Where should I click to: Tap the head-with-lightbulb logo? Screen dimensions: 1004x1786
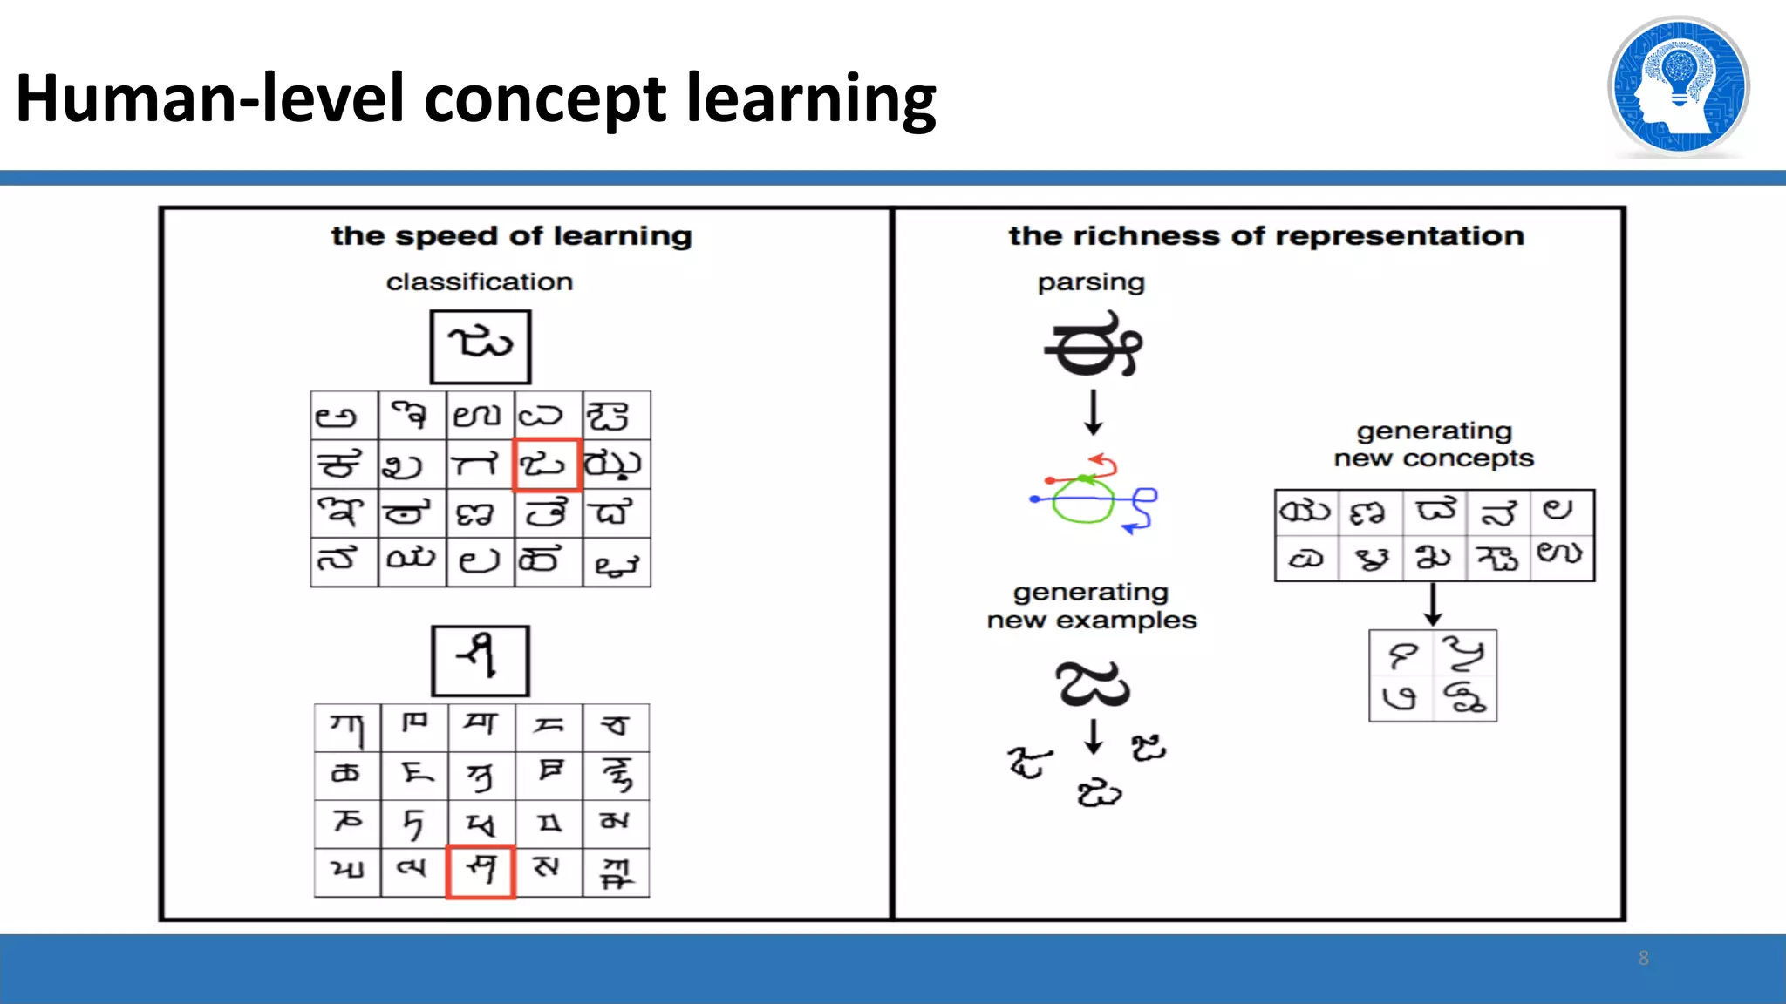1678,87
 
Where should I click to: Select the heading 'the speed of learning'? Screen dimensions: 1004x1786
511,236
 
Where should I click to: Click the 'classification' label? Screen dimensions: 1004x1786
479,282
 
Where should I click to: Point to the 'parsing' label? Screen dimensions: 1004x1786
1090,282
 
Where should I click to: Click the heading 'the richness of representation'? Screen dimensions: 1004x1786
1266,236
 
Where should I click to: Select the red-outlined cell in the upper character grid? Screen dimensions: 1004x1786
546,465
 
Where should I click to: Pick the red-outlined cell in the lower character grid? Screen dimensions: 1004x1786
481,871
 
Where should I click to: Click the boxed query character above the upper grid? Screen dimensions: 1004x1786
480,346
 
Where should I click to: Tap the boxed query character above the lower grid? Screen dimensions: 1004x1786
480,660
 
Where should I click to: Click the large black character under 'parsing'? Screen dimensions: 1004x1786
1093,346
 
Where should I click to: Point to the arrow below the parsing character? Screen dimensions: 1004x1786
1094,411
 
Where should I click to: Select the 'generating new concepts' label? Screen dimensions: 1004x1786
1433,444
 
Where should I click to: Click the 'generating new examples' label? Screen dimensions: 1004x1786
1091,606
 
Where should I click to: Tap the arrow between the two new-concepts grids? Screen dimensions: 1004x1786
1433,604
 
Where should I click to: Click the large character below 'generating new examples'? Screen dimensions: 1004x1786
1092,684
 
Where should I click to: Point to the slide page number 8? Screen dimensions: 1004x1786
1643,958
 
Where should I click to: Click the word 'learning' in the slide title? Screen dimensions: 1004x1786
810,98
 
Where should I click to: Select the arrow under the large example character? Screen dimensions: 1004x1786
1094,736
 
